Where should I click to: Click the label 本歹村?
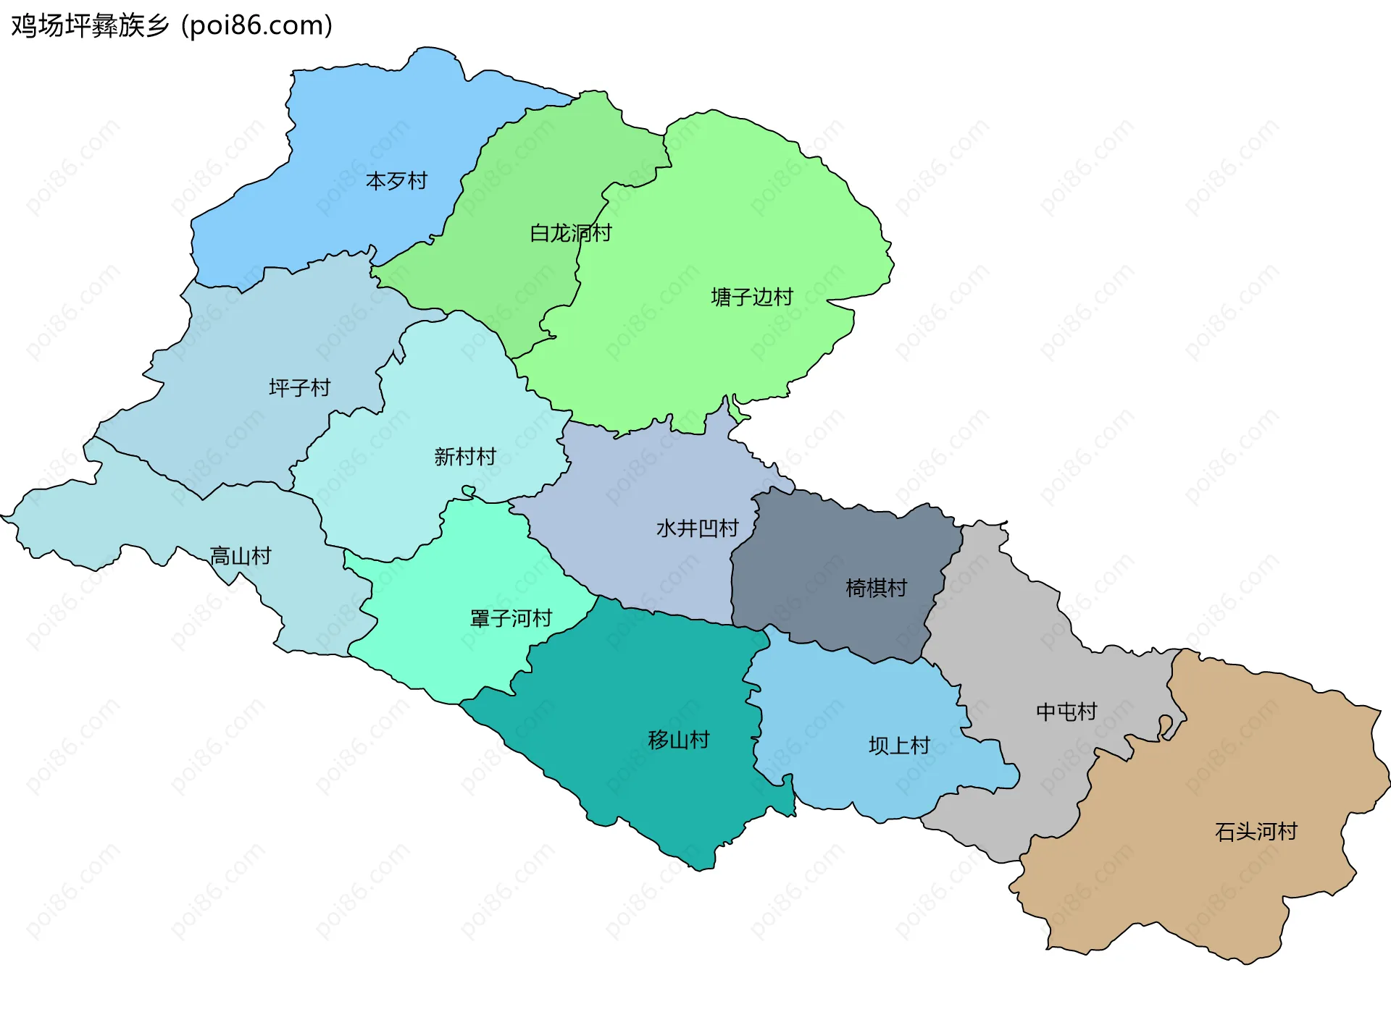pos(396,180)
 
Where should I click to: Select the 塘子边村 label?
pos(752,297)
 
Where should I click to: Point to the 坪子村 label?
pos(299,388)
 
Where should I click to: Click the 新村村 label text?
pos(464,457)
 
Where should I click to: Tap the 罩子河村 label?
pos(511,618)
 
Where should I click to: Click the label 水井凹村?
pos(697,528)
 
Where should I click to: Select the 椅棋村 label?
pos(876,588)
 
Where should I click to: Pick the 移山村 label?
pos(678,740)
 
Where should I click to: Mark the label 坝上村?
pos(899,746)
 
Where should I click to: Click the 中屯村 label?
pos(1066,712)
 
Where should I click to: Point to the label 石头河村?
pos(1256,832)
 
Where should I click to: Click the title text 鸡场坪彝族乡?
pos(90,25)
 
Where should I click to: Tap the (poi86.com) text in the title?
pos(256,25)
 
